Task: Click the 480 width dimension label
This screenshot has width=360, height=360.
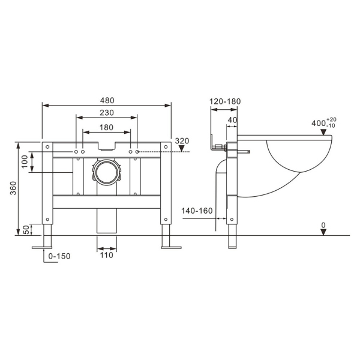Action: pos(107,100)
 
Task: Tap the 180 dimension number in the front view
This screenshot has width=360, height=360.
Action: pos(107,127)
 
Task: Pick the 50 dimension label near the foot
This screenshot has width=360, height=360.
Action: pos(25,229)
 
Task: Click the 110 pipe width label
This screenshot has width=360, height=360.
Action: pos(107,255)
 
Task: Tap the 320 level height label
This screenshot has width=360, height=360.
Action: pos(182,141)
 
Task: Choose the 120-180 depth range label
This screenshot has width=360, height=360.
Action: pos(225,101)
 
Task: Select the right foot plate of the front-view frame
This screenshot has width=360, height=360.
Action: pos(170,246)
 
